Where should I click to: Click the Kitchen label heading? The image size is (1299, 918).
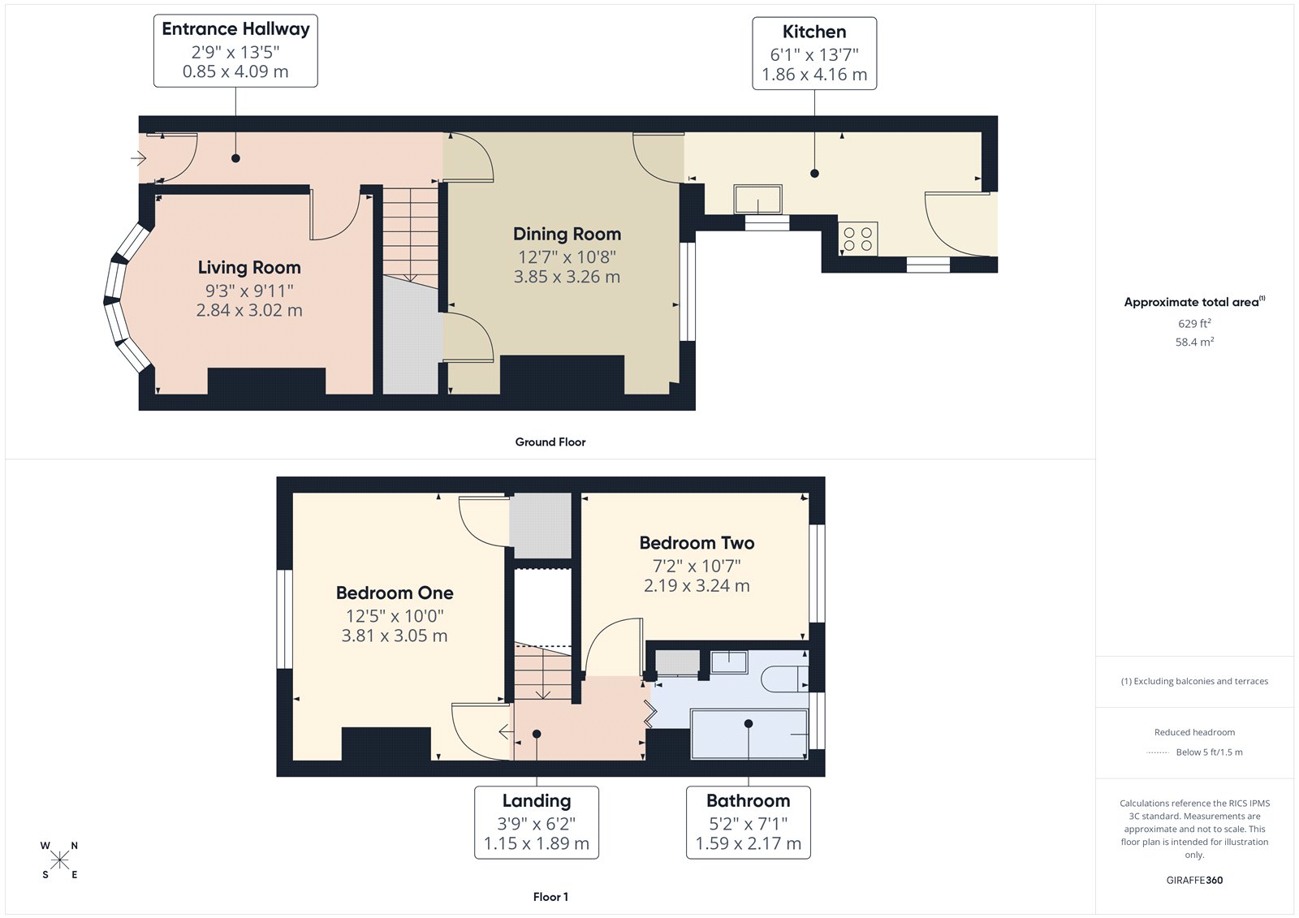(813, 32)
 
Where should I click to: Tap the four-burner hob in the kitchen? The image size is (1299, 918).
(857, 239)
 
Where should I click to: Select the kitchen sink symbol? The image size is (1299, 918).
(757, 200)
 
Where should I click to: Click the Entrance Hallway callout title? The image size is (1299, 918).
(235, 29)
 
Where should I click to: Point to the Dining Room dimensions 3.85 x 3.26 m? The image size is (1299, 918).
(567, 277)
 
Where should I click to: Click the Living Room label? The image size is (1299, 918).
(249, 268)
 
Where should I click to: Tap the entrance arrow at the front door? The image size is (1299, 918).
(139, 159)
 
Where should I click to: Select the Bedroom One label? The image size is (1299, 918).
(395, 593)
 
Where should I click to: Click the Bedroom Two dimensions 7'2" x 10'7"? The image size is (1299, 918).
(697, 566)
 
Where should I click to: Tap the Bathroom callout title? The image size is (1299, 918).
(748, 801)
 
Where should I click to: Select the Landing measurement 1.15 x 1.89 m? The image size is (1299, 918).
(536, 844)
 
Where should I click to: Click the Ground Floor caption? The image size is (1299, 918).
(550, 442)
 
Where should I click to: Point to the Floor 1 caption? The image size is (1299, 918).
(550, 897)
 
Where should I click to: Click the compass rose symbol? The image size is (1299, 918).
(59, 860)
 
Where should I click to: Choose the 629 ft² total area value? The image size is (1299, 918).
(1194, 323)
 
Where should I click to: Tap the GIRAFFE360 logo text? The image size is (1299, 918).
(1194, 880)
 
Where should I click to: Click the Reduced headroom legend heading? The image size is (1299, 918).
(1194, 732)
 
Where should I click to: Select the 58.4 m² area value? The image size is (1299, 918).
(1194, 342)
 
